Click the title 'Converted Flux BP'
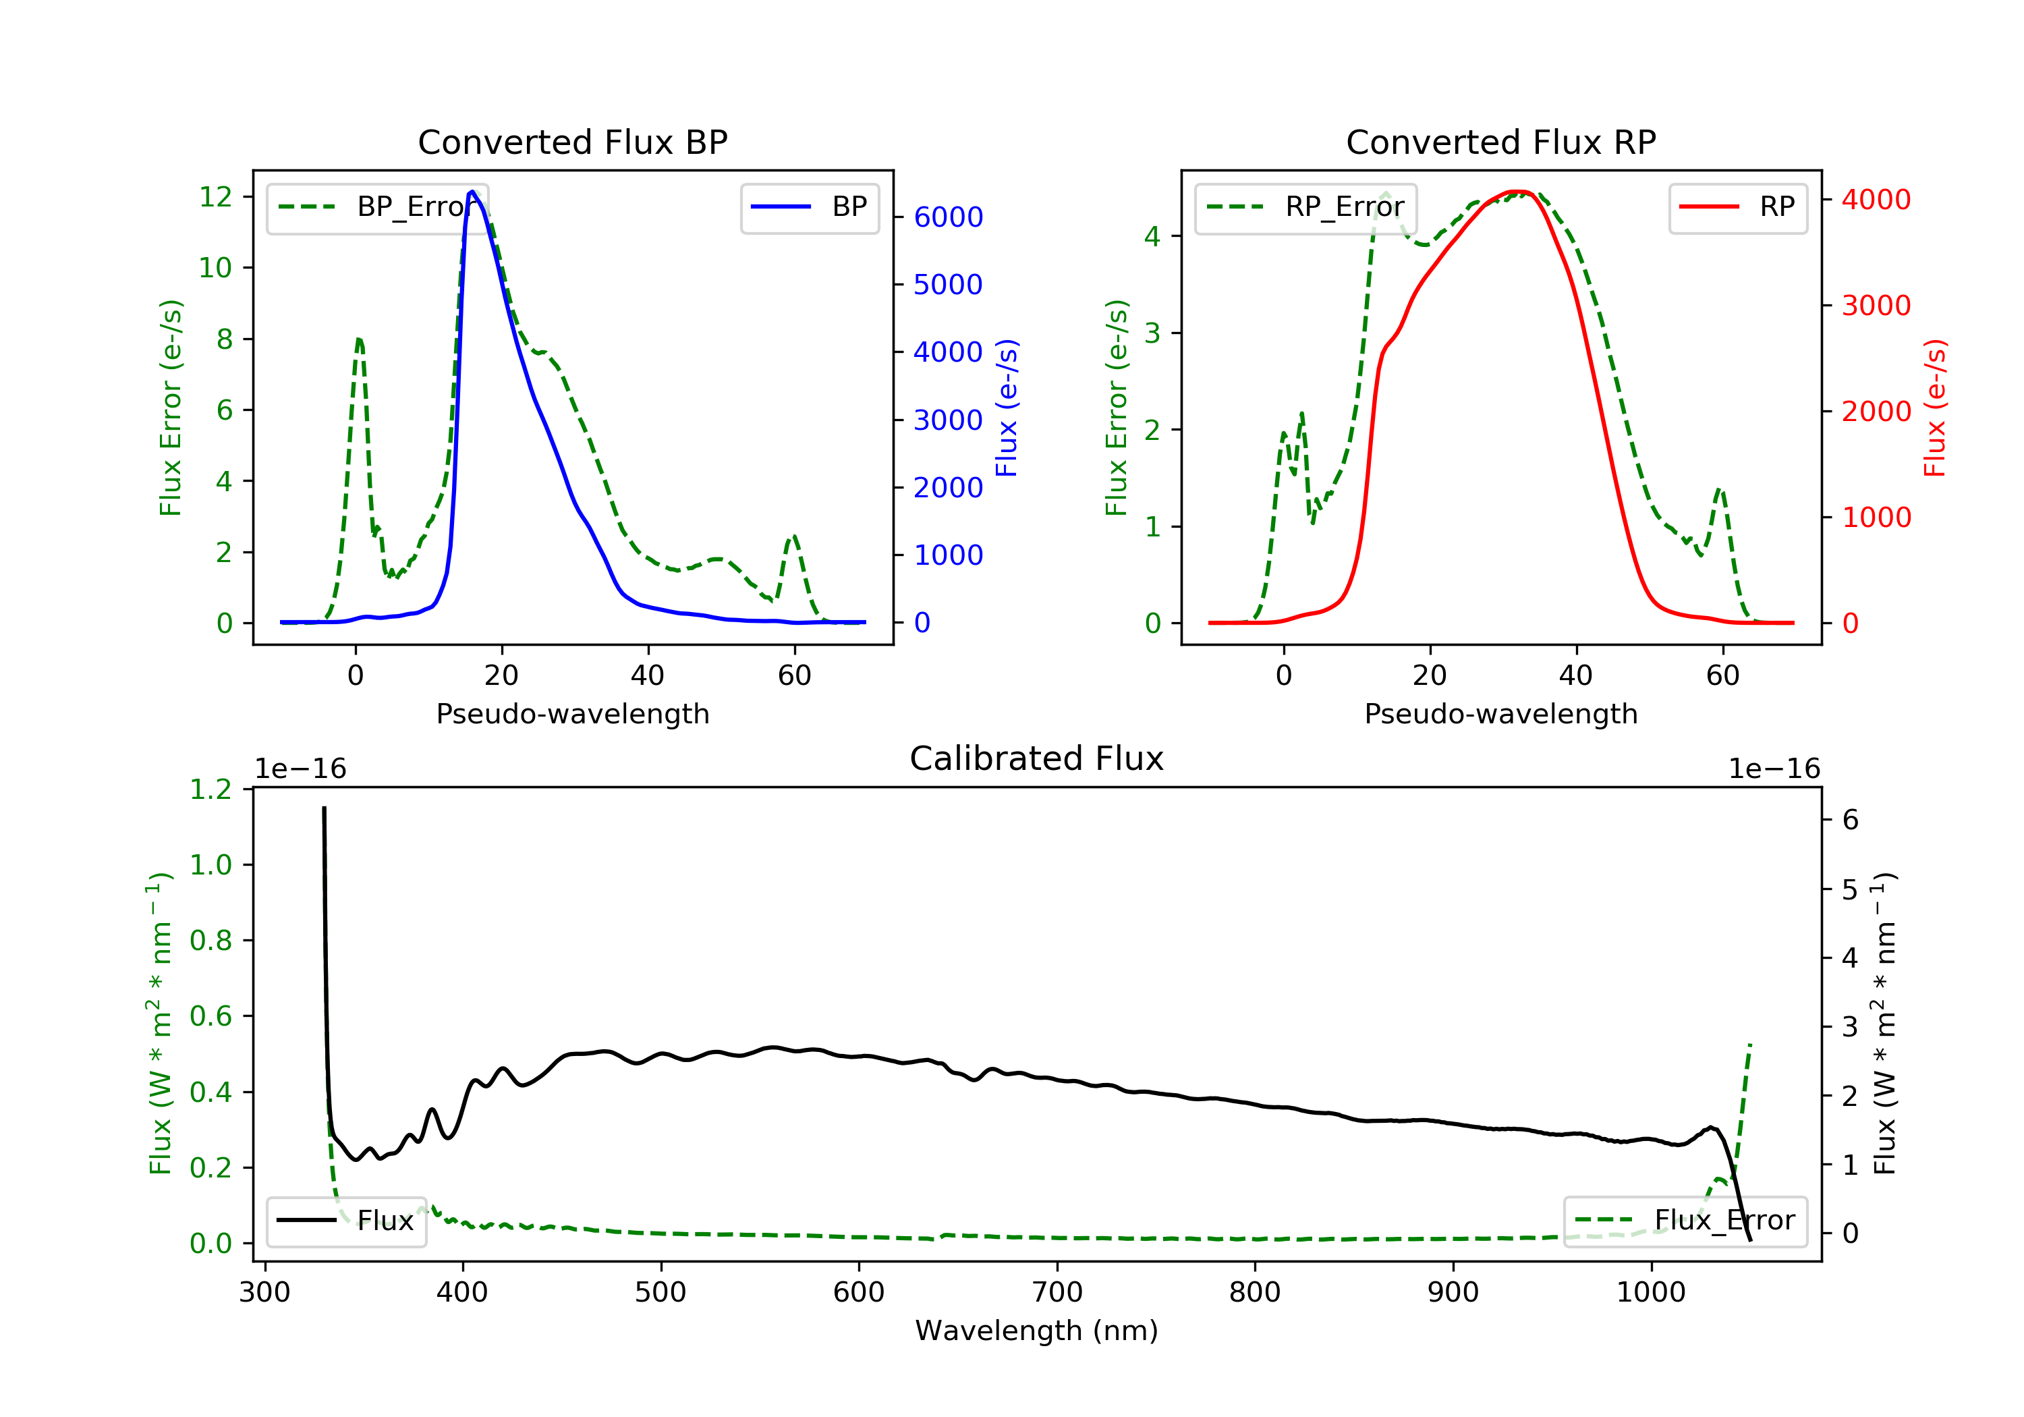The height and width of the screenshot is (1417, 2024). pos(572,142)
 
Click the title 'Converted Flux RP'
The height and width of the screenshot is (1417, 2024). pos(1500,142)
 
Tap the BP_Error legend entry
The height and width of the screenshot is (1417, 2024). pos(377,207)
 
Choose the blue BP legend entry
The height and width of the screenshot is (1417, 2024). pos(809,207)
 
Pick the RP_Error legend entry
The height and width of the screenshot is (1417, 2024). pos(1305,207)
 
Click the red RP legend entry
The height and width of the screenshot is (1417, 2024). pos(1737,207)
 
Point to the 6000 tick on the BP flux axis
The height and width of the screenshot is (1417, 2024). pos(948,217)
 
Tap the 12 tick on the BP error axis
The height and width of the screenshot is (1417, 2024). pos(216,196)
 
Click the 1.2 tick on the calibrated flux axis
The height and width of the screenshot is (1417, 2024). pos(210,789)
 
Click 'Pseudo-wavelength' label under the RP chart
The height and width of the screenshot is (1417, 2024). pos(1500,713)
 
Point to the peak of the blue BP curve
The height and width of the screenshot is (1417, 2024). pos(472,192)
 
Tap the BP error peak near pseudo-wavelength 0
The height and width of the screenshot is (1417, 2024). pos(359,339)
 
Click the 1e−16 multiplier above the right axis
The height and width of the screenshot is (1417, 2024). pos(1774,769)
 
